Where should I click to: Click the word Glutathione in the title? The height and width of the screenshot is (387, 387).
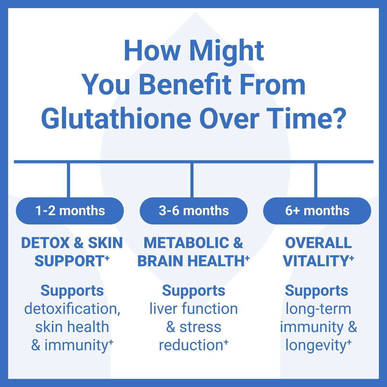pyautogui.click(x=116, y=119)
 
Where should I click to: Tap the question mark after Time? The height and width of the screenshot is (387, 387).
pyautogui.click(x=339, y=119)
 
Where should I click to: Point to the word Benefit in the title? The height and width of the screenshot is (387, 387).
pyautogui.click(x=185, y=85)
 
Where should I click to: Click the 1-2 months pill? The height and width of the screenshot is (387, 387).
pyautogui.click(x=70, y=211)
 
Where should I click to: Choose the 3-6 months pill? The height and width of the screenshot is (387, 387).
pyautogui.click(x=193, y=211)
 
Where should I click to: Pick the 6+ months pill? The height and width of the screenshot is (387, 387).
pyautogui.click(x=317, y=211)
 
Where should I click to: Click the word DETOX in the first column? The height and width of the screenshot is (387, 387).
pyautogui.click(x=45, y=243)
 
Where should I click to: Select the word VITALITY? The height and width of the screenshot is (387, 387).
pyautogui.click(x=316, y=261)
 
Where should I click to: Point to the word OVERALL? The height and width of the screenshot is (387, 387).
pyautogui.click(x=318, y=243)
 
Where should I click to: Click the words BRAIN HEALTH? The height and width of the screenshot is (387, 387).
pyautogui.click(x=191, y=261)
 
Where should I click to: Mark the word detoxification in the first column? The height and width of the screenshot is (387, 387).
pyautogui.click(x=72, y=309)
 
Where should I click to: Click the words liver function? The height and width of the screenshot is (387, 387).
pyautogui.click(x=193, y=309)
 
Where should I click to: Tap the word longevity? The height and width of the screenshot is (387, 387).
pyautogui.click(x=316, y=345)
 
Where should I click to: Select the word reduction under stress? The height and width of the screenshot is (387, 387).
pyautogui.click(x=191, y=345)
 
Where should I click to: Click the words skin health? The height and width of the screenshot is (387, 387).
pyautogui.click(x=72, y=327)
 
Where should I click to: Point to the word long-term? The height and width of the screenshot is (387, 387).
pyautogui.click(x=318, y=309)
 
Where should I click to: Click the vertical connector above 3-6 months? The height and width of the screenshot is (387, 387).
pyautogui.click(x=192, y=179)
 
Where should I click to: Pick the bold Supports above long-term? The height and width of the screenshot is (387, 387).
pyautogui.click(x=316, y=291)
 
